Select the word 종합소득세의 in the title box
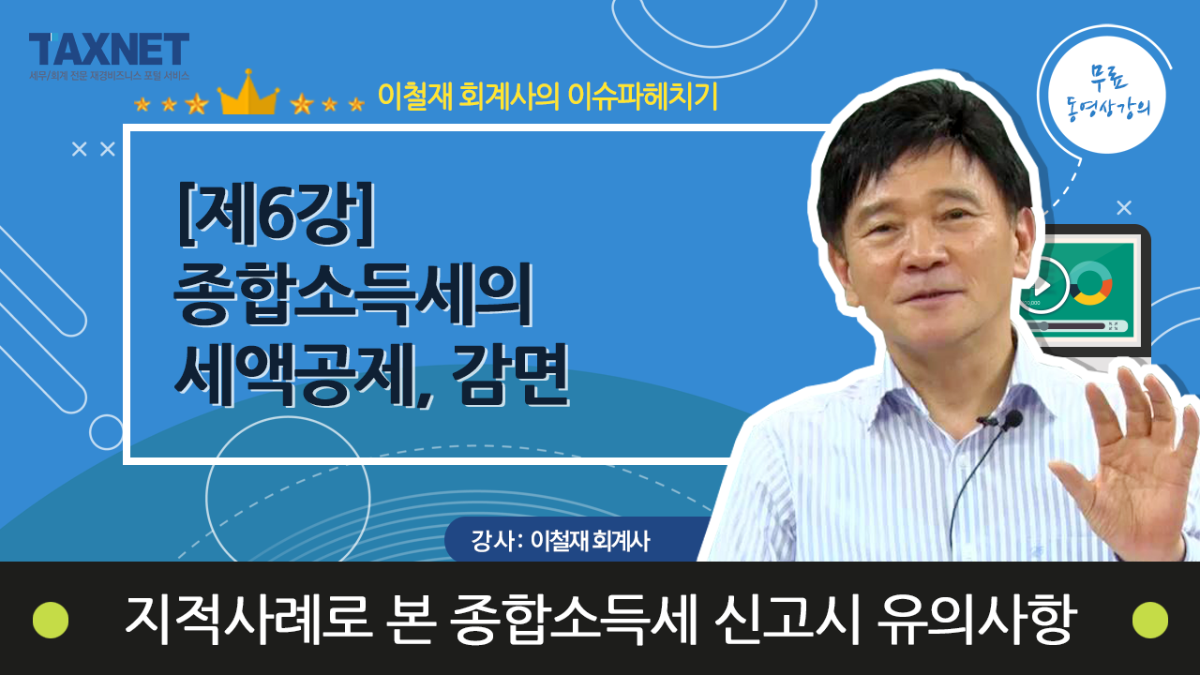tap(353, 294)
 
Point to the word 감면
tap(511, 374)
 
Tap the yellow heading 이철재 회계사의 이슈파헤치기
tap(547, 97)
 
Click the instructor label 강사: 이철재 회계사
tap(561, 541)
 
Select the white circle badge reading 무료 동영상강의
tap(1107, 95)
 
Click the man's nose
tap(922, 253)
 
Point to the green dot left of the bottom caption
tap(51, 620)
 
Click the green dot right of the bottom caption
tap(1150, 620)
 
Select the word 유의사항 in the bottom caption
tap(976, 620)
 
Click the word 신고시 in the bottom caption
tap(787, 620)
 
